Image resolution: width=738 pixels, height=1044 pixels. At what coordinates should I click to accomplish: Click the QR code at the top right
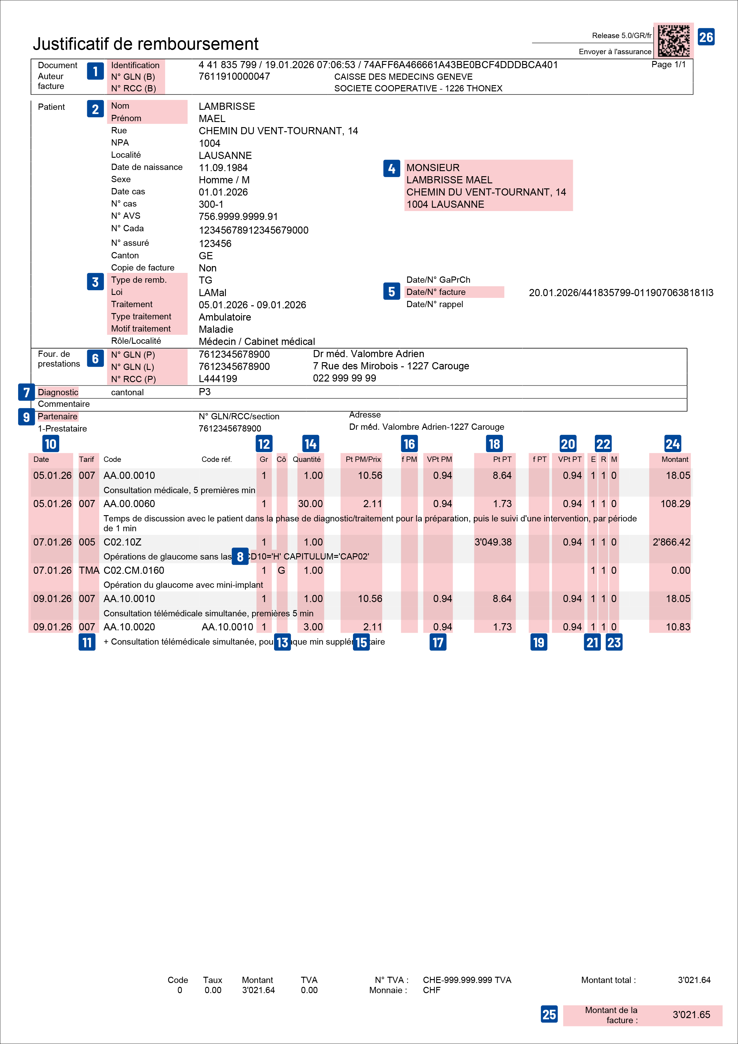pyautogui.click(x=673, y=40)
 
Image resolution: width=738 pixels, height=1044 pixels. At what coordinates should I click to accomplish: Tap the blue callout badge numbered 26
pyautogui.click(x=706, y=37)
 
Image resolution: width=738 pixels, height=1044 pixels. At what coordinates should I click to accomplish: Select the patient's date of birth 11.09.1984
pyautogui.click(x=223, y=168)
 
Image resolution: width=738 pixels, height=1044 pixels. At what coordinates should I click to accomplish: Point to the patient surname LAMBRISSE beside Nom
pyautogui.click(x=226, y=107)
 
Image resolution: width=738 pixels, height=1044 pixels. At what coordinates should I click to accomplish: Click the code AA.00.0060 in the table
pyautogui.click(x=129, y=504)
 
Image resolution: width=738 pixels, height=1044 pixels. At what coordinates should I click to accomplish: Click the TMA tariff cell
pyautogui.click(x=89, y=570)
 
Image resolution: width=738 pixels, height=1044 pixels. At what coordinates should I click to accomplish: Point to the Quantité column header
pyautogui.click(x=307, y=459)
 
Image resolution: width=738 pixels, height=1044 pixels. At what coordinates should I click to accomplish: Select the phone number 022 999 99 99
pyautogui.click(x=344, y=378)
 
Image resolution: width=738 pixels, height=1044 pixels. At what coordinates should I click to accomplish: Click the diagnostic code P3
pyautogui.click(x=205, y=392)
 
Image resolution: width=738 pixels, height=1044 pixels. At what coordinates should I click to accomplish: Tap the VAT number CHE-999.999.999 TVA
pyautogui.click(x=467, y=980)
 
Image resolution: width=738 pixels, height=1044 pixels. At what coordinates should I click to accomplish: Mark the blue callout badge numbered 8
pyautogui.click(x=240, y=556)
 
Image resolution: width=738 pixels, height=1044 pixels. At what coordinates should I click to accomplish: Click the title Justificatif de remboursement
pyautogui.click(x=146, y=44)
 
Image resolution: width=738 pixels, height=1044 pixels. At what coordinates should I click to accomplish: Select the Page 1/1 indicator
pyautogui.click(x=668, y=65)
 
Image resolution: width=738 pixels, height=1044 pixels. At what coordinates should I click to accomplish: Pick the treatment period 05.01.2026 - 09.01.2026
pyautogui.click(x=252, y=305)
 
